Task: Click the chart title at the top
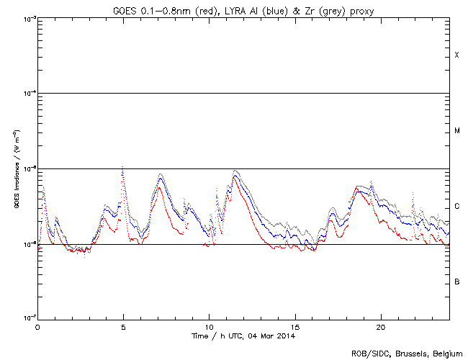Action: pos(245,9)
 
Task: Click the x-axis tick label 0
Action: pos(37,327)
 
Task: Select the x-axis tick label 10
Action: pos(209,327)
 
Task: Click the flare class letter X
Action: pos(457,55)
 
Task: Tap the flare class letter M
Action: pos(457,131)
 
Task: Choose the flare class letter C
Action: pos(457,207)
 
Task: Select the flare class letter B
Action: pos(457,282)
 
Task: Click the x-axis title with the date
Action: pos(244,336)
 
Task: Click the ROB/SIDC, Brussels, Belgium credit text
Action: pos(406,354)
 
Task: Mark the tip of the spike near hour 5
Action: pos(122,166)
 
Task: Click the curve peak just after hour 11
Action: pos(235,171)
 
